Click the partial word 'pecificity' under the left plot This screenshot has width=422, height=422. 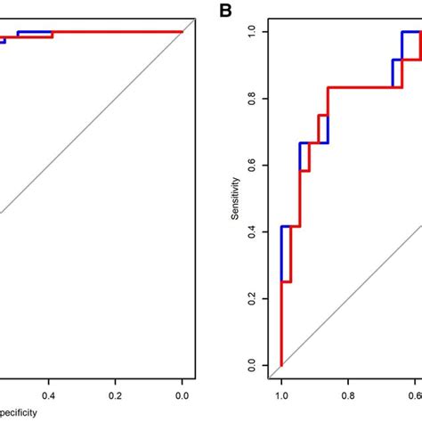[x=23, y=414]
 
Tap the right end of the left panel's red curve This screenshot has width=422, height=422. [x=182, y=32]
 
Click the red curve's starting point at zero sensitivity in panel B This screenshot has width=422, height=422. [x=281, y=365]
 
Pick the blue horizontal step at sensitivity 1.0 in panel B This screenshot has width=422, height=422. [x=410, y=32]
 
